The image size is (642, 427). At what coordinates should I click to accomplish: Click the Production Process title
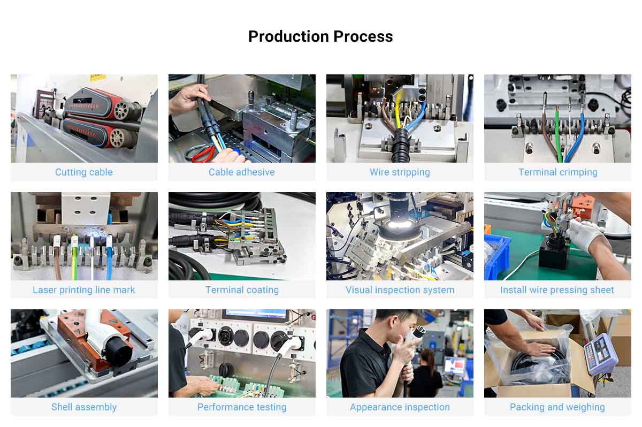click(x=320, y=36)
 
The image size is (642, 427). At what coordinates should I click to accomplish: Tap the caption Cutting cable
click(x=84, y=172)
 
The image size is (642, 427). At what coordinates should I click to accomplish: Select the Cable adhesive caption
click(x=242, y=172)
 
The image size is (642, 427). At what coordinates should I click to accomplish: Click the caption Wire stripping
click(x=400, y=172)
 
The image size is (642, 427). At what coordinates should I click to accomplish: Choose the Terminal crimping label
click(x=557, y=172)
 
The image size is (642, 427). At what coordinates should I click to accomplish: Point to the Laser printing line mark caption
click(x=84, y=290)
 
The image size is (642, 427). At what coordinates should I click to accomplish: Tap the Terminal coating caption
click(x=242, y=290)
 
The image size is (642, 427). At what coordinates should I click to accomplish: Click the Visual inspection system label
click(x=400, y=290)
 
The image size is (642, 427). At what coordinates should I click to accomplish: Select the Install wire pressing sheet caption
click(x=557, y=290)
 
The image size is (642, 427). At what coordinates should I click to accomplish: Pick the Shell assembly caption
click(x=84, y=407)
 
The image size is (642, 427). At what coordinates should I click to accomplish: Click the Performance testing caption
click(x=242, y=407)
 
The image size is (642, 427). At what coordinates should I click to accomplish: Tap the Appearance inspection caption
click(x=400, y=407)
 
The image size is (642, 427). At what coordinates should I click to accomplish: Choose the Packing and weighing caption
click(x=557, y=407)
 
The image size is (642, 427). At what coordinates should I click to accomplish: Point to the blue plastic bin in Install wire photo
click(x=496, y=257)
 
